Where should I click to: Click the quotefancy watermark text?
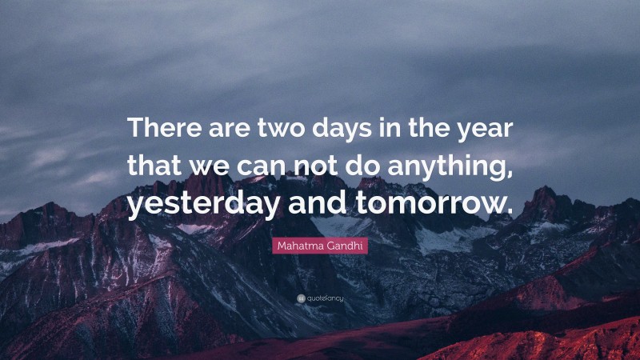[x=325, y=298]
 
